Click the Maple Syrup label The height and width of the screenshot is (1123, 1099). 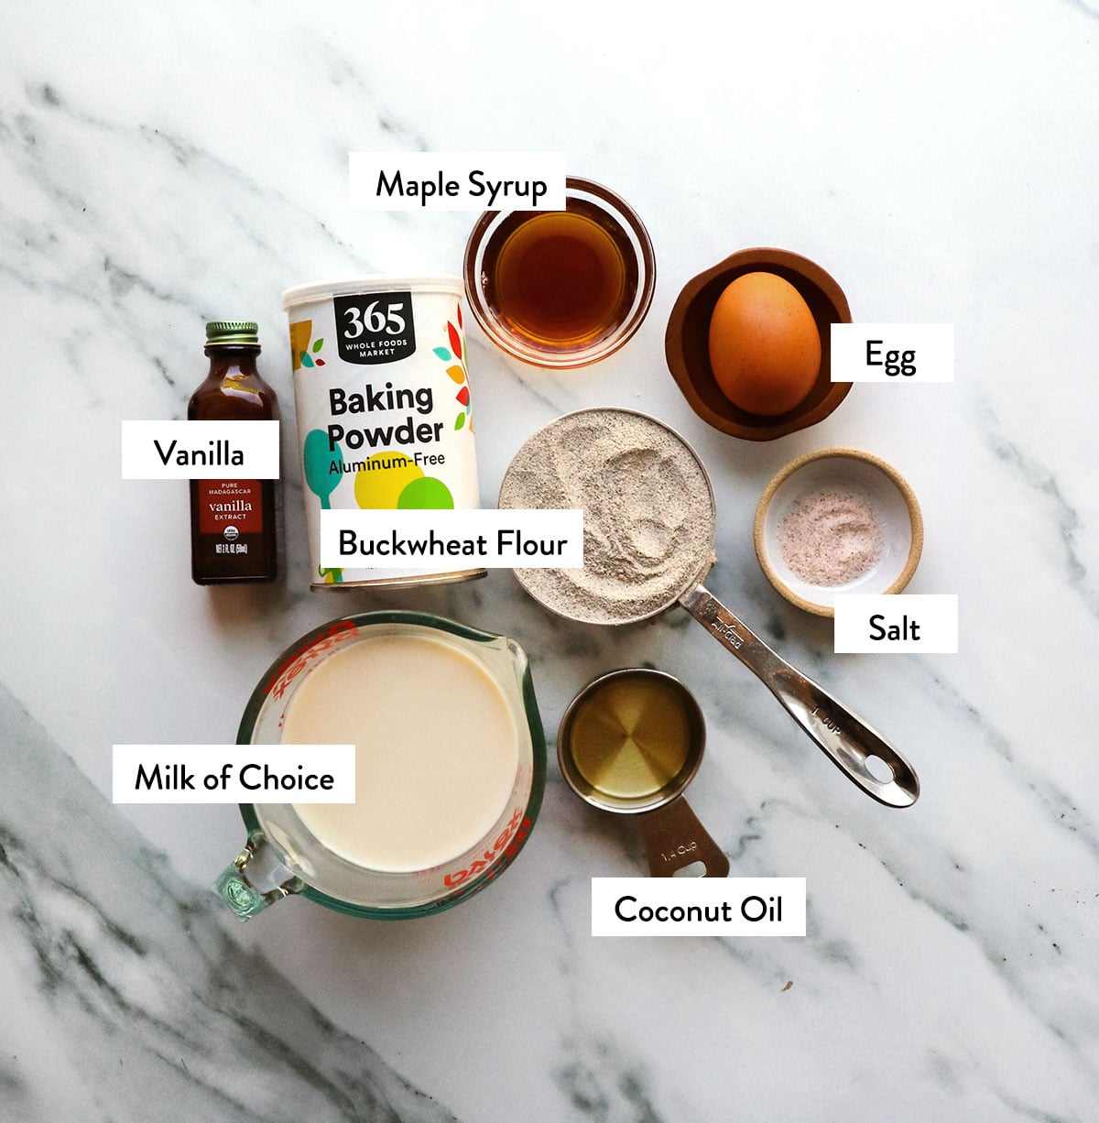(461, 185)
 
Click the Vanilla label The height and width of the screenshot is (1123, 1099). (199, 452)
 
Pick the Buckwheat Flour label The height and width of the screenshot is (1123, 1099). (452, 543)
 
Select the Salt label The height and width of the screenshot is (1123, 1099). (894, 627)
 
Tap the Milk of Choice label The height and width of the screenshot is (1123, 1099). (234, 777)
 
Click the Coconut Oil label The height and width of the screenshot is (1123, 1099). (698, 909)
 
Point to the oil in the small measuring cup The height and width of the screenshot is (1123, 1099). (630, 737)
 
